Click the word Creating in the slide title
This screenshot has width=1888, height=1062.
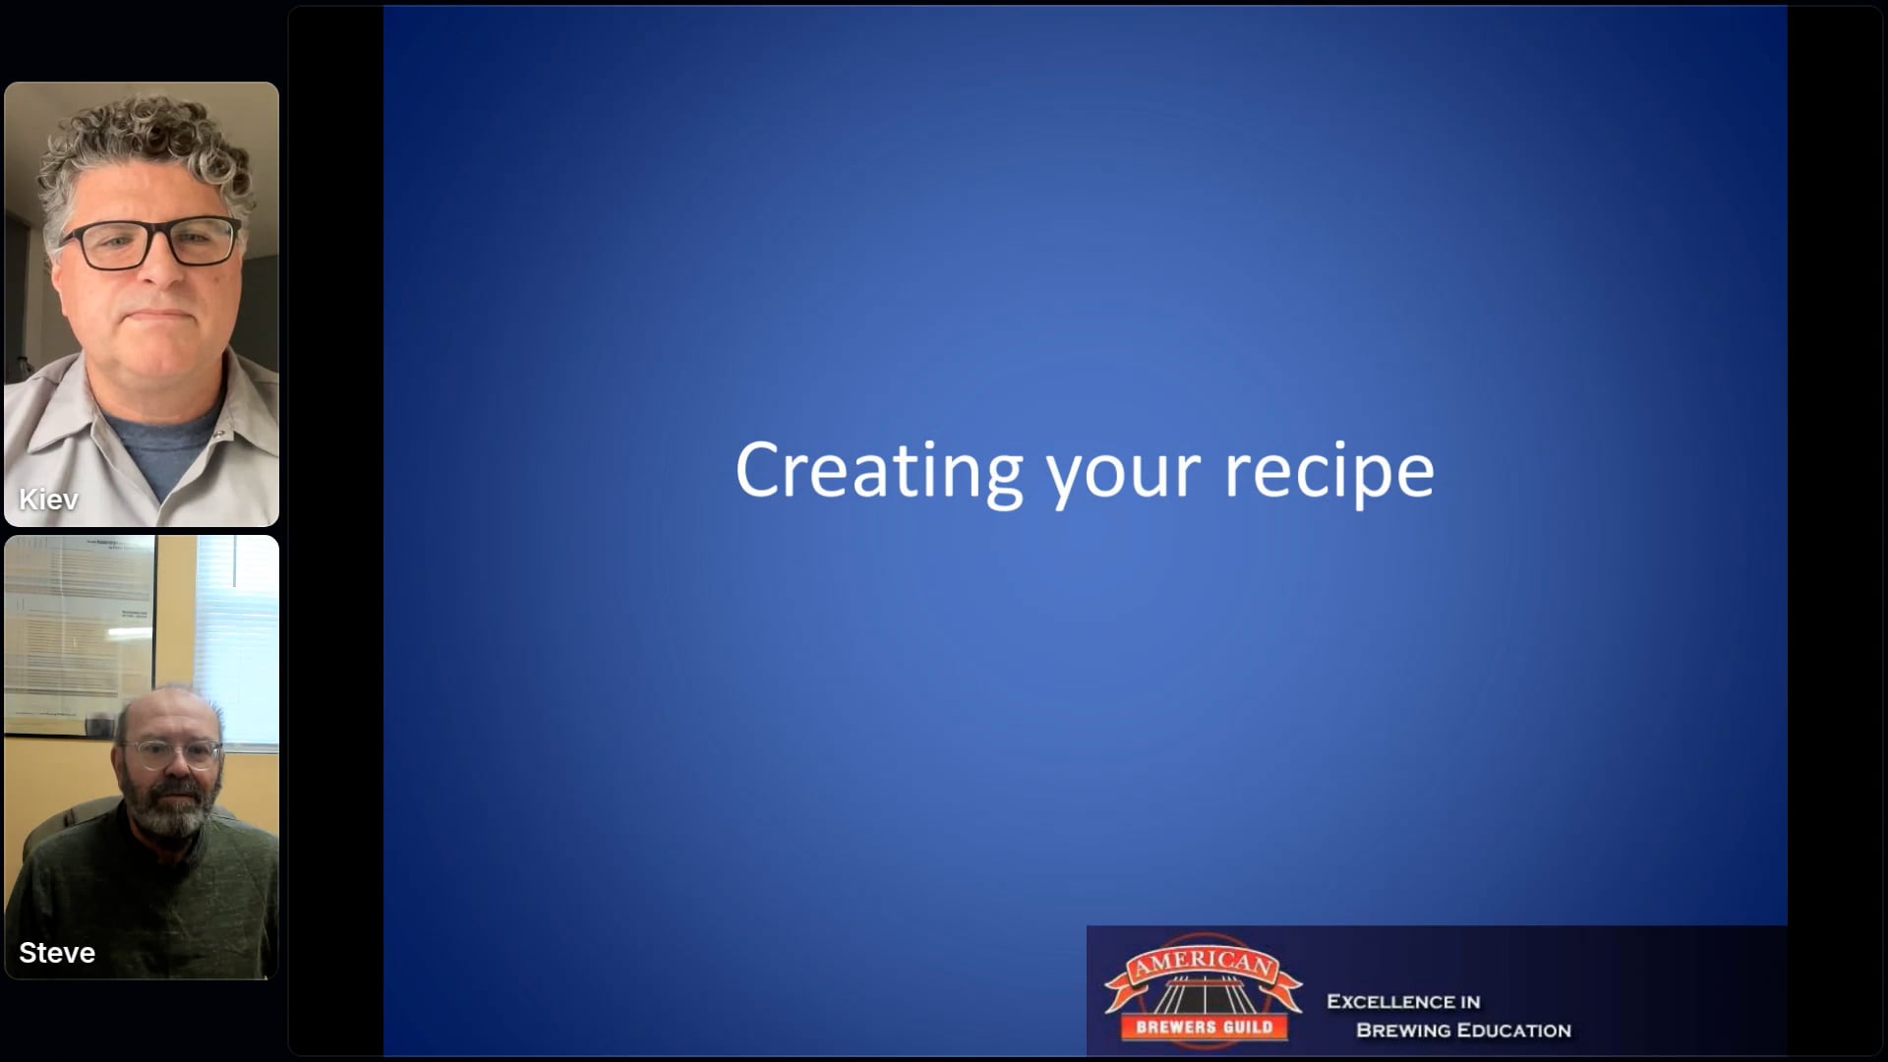coord(879,472)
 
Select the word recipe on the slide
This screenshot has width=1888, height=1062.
coord(1329,474)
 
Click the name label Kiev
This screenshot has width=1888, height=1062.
coord(48,500)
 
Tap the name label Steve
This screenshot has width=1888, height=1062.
coord(57,953)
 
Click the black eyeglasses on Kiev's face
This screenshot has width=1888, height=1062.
coord(149,242)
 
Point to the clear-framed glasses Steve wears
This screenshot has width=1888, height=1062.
coord(172,754)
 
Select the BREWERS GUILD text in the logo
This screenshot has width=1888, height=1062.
coord(1204,1028)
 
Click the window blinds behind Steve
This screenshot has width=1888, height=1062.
coord(236,639)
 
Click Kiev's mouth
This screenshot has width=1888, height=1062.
coord(159,316)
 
